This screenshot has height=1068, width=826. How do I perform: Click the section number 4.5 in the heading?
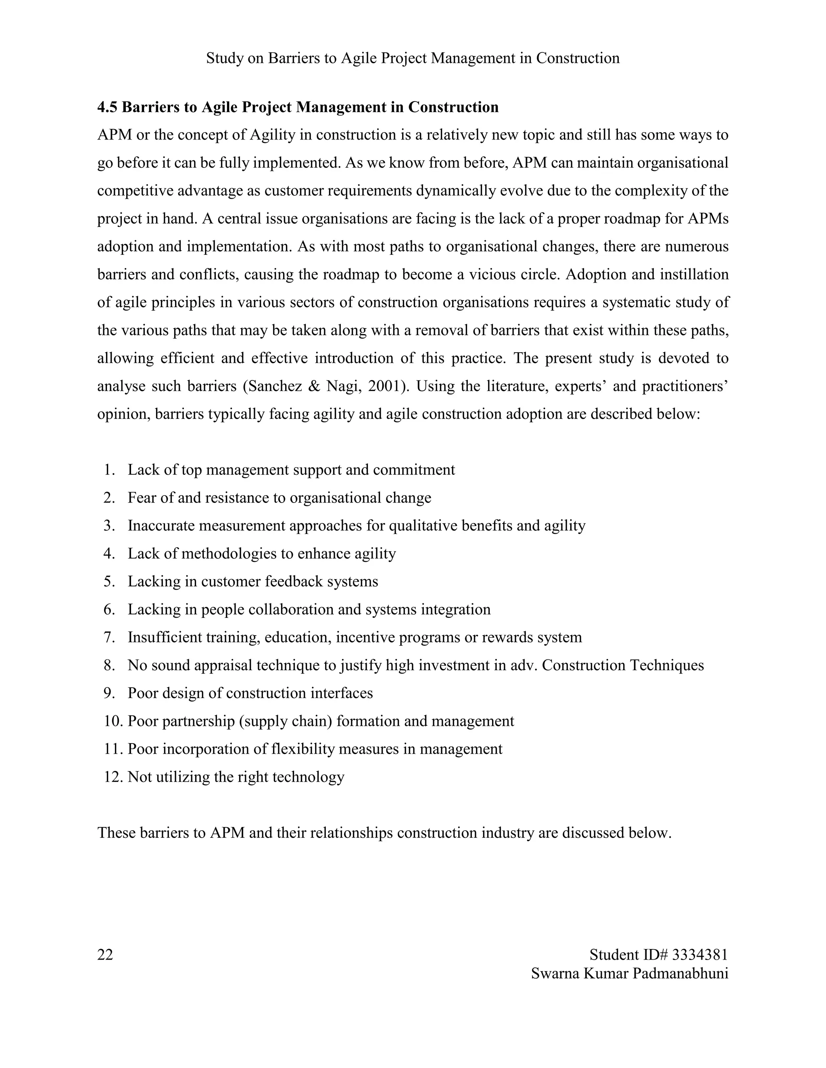107,107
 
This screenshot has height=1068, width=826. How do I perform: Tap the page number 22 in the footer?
105,954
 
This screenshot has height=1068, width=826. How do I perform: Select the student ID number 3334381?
700,954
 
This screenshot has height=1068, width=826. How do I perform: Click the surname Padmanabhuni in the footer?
680,973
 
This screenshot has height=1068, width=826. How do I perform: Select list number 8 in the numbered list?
109,665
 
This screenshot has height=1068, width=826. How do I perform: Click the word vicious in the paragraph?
490,274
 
